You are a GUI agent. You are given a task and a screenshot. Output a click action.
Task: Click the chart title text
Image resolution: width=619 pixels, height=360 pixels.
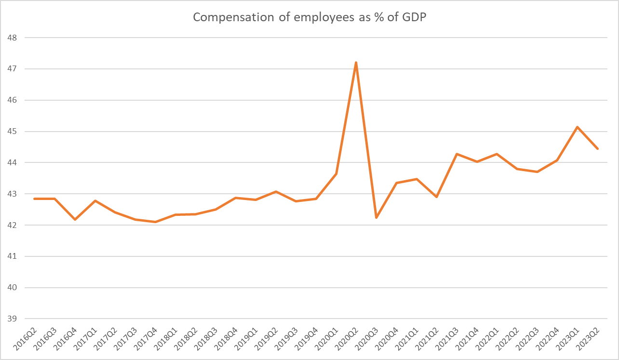309,17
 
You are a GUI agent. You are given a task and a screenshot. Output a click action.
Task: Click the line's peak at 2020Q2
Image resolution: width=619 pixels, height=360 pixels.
356,63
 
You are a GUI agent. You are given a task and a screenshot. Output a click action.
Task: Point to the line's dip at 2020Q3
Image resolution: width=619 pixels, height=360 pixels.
376,218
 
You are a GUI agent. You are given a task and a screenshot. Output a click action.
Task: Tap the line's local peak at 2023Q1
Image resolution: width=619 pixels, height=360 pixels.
578,127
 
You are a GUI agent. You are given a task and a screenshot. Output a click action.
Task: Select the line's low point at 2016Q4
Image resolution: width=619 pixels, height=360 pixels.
75,219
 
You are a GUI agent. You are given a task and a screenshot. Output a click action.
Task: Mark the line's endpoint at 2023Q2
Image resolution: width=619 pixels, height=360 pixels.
598,148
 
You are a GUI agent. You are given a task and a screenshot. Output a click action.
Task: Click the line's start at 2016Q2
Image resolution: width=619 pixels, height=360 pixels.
35,199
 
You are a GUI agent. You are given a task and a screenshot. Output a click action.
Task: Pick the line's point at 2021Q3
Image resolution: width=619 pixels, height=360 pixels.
457,154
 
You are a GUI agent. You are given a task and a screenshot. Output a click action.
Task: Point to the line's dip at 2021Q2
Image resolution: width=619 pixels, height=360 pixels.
436,197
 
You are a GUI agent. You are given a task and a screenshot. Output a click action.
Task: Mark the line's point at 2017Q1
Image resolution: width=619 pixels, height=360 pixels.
95,200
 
